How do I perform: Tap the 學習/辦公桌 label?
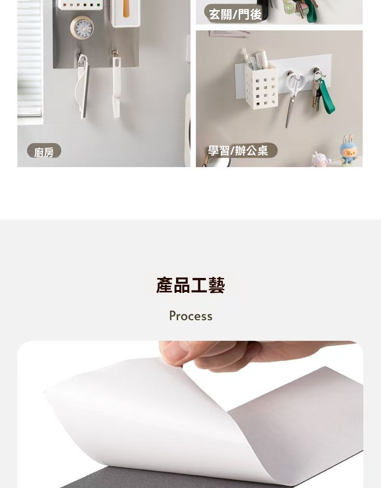tap(239, 151)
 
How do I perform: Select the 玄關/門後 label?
tap(235, 14)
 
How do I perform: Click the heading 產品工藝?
tap(190, 285)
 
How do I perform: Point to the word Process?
tap(190, 316)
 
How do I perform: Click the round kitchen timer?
tap(82, 28)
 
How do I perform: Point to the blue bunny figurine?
tap(349, 151)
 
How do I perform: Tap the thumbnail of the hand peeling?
tap(190, 414)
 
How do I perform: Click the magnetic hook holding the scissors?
tap(291, 74)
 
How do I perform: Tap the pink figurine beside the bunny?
tap(320, 159)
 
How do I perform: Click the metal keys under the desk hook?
tap(316, 95)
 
